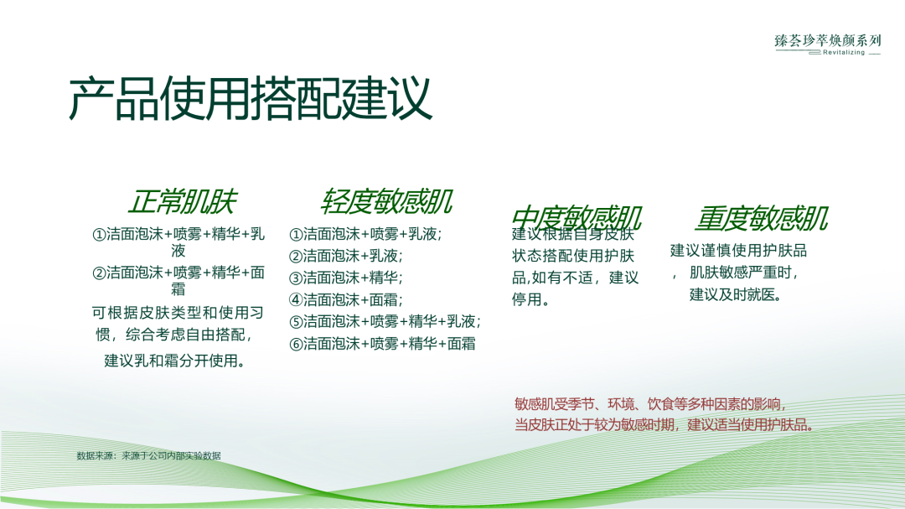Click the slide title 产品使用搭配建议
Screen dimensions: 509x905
tap(250, 100)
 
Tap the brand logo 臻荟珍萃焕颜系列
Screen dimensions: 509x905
tap(828, 39)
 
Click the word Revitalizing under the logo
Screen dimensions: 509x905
tap(843, 52)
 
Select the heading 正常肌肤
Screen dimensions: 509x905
tap(182, 202)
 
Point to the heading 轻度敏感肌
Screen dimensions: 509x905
tap(386, 202)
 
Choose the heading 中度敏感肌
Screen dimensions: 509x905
tap(577, 218)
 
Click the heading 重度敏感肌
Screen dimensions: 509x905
tap(761, 218)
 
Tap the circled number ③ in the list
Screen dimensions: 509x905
tap(296, 278)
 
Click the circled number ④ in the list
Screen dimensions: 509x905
tap(296, 299)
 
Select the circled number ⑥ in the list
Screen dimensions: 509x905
tap(296, 343)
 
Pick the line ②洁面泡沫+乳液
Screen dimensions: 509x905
tap(346, 256)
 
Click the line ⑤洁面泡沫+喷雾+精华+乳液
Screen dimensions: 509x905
tap(385, 321)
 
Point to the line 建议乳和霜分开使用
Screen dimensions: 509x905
tap(174, 361)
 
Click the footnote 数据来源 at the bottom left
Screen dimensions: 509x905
tap(148, 456)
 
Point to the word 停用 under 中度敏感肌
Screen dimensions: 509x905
tap(527, 299)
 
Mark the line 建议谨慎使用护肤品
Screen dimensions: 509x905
tap(738, 250)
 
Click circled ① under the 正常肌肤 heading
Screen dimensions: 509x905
tap(99, 234)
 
